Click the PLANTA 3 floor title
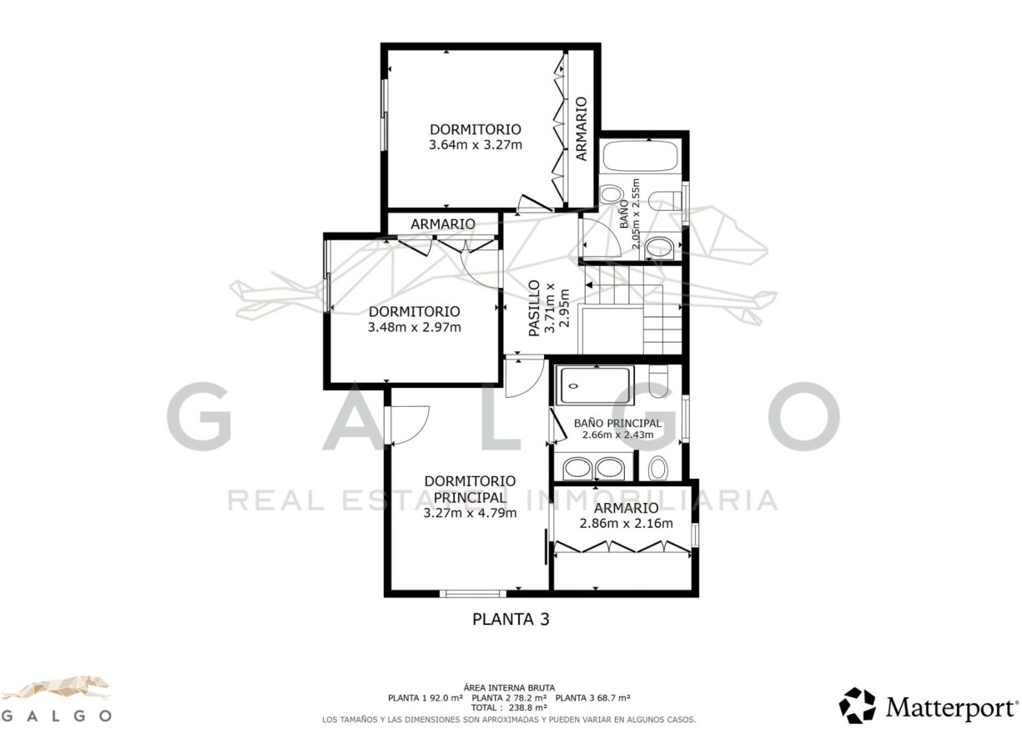511,619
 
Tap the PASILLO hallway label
534,309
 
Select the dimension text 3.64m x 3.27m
476,145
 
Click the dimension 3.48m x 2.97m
415,327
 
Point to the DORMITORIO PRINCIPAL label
470,489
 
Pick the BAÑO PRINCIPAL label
617,423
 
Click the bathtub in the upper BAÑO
641,156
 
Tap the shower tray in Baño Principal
595,386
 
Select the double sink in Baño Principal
593,469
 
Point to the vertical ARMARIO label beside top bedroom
581,128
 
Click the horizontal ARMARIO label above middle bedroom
442,224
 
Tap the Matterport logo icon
858,706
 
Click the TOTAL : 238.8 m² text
509,707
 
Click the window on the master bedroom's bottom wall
473,594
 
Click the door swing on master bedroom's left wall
408,425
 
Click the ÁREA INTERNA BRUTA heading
509,687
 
